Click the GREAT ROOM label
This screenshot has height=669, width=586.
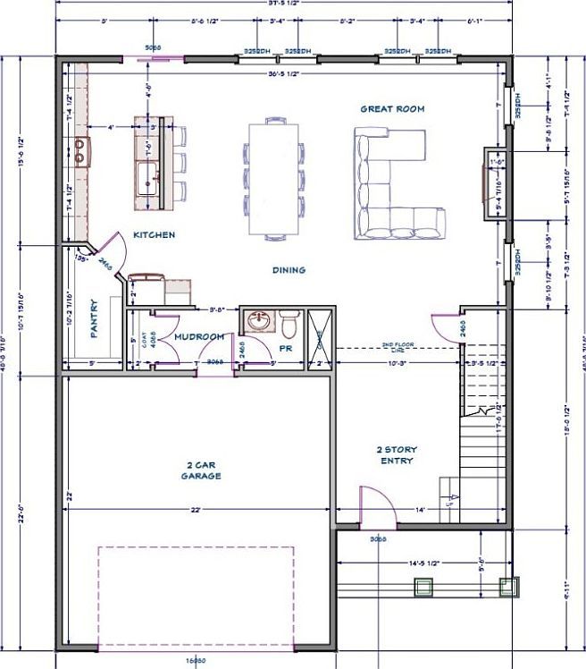(391, 109)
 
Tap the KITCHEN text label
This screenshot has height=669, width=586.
(154, 235)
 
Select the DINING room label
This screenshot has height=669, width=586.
(289, 269)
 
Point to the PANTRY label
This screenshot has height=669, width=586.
(93, 318)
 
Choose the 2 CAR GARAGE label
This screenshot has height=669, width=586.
(204, 470)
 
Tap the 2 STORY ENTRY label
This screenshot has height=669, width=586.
(396, 455)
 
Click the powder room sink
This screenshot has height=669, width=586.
(260, 320)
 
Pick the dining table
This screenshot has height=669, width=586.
(272, 179)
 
